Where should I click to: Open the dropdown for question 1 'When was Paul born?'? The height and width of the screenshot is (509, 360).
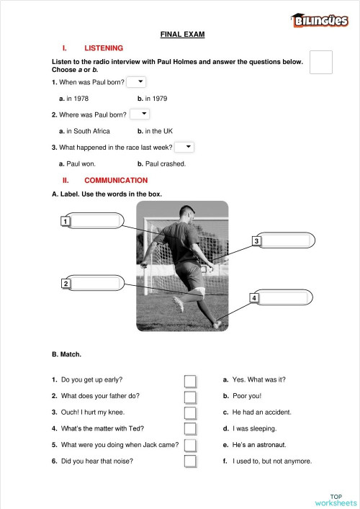coord(136,82)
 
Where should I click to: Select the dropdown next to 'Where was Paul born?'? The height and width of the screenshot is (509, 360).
coord(140,114)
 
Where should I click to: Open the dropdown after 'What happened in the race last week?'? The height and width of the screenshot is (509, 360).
coord(184,147)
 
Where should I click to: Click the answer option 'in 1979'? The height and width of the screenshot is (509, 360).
coord(152,98)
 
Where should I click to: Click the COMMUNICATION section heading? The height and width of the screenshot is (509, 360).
coord(116,180)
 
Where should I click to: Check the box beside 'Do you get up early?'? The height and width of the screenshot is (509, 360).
coord(190,380)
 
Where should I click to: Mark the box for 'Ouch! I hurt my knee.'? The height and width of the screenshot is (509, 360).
coord(190,413)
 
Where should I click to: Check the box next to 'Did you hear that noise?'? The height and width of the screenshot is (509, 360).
coord(190,461)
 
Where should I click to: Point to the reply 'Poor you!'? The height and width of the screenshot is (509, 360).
coord(246,396)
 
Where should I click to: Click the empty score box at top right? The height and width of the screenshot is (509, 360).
coord(321,62)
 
